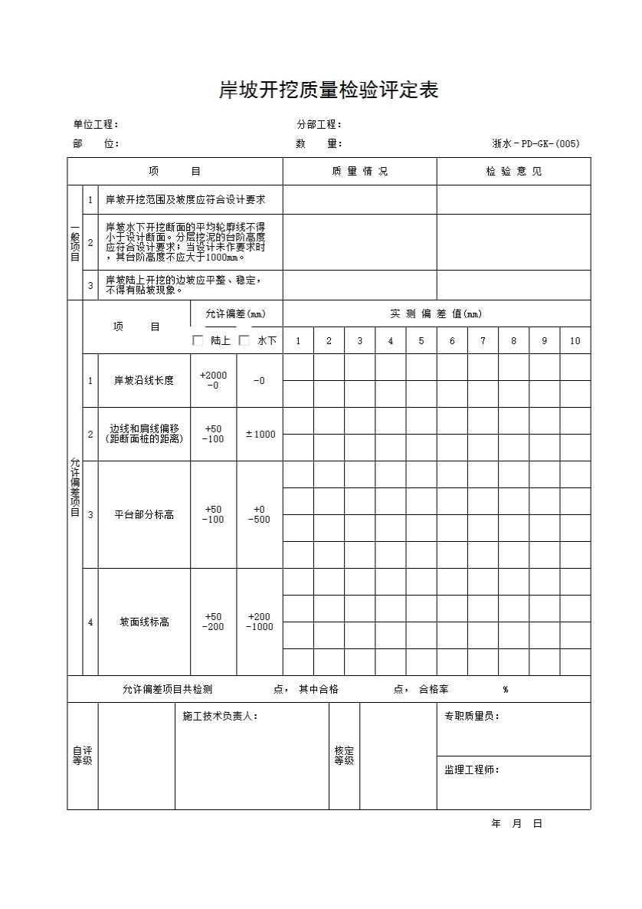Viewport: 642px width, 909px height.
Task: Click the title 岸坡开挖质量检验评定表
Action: (328, 90)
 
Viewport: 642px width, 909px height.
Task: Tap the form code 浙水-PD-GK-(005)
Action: (536, 143)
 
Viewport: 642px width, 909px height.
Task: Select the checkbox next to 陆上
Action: (198, 340)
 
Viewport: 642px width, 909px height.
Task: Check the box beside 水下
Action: (244, 340)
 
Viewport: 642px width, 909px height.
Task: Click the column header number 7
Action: (483, 341)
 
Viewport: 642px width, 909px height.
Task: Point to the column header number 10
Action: (575, 341)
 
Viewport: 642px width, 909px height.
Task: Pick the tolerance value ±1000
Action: (260, 435)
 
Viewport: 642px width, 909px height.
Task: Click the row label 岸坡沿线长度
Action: (144, 380)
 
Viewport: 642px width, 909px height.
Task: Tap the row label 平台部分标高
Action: (144, 514)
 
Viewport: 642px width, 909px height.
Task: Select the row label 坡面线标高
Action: (144, 622)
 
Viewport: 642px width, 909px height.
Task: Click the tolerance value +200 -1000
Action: (260, 622)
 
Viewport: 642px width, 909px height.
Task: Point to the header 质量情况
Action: (359, 172)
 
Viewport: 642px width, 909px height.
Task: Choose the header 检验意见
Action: (513, 172)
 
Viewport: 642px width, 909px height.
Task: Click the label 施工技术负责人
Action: (220, 716)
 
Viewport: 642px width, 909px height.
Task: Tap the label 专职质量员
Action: (472, 716)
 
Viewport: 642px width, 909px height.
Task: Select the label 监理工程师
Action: (472, 770)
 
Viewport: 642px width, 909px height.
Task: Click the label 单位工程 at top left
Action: (96, 125)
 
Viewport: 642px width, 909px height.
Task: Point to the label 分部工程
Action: (319, 125)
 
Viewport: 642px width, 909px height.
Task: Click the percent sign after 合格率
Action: (506, 689)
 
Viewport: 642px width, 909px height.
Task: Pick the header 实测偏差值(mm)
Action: (436, 313)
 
